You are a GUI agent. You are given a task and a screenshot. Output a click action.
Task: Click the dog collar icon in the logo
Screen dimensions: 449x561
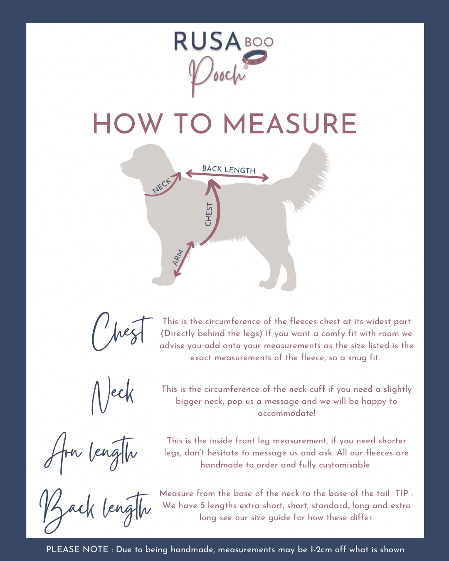click(254, 59)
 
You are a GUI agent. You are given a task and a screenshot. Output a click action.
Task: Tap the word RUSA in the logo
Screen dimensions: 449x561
click(207, 41)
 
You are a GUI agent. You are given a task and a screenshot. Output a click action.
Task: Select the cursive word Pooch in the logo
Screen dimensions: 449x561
click(217, 76)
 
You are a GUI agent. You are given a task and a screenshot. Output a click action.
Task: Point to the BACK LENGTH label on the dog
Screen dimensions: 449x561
click(229, 170)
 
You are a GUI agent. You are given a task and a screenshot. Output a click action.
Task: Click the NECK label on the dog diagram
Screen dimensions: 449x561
click(162, 185)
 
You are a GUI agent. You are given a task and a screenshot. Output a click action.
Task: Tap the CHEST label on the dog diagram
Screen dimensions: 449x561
click(209, 214)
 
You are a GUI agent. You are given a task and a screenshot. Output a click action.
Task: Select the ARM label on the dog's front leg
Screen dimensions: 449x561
click(178, 258)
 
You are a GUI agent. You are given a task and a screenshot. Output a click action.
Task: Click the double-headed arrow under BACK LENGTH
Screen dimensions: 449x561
click(227, 175)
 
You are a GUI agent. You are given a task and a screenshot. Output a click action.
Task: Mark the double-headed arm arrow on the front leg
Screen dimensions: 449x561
click(184, 258)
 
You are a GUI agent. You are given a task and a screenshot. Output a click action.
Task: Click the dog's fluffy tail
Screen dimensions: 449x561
click(308, 177)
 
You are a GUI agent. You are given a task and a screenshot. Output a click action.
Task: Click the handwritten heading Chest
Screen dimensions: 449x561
click(121, 332)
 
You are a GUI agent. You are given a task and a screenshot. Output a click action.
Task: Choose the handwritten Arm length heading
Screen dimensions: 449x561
click(90, 454)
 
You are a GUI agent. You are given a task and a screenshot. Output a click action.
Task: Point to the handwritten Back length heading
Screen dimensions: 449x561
click(95, 512)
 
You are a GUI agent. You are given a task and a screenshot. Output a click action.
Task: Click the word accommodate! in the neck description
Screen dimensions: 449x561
click(286, 413)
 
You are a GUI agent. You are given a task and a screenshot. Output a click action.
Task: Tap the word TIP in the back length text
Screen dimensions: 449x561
click(402, 494)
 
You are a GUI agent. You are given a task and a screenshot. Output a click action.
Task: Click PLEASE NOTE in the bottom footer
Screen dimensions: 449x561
click(77, 549)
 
